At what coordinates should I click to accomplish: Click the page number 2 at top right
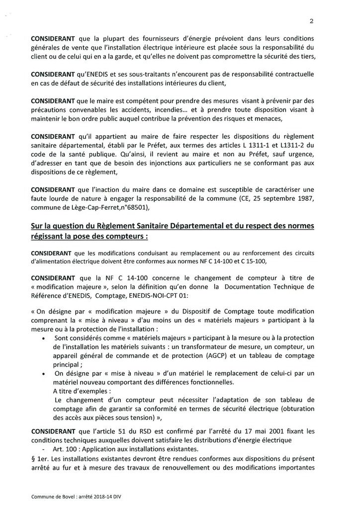pyautogui.click(x=311, y=21)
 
